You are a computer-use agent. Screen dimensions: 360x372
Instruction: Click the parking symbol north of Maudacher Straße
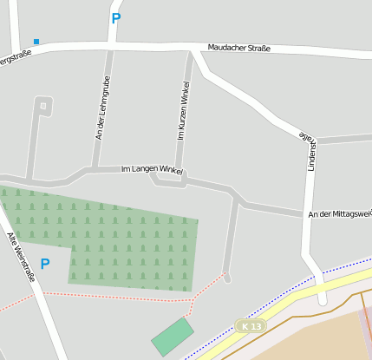(x=116, y=18)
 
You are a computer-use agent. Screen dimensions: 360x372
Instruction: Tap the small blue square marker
(x=36, y=41)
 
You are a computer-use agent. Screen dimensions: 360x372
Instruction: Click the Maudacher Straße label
(x=239, y=48)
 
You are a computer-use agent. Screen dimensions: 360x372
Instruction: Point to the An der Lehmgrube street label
(x=103, y=108)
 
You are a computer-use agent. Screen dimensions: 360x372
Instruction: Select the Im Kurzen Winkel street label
(x=185, y=110)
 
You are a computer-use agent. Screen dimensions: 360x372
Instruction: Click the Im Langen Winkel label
(x=152, y=170)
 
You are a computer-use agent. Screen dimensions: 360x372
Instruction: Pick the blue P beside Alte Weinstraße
(x=45, y=265)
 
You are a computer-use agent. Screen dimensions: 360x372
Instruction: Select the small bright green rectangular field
(x=173, y=336)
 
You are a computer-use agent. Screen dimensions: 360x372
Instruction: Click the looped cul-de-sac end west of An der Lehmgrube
(x=43, y=106)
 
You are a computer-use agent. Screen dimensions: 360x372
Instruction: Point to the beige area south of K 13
(x=330, y=338)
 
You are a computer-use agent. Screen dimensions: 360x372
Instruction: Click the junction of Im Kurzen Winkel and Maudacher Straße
(x=192, y=53)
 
